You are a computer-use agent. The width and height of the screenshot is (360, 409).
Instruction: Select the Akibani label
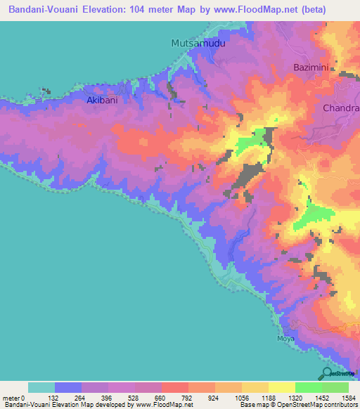coord(101,100)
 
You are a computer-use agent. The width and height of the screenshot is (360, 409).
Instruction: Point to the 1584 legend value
coord(347,397)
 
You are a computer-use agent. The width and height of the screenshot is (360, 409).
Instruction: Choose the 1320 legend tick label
coord(295,397)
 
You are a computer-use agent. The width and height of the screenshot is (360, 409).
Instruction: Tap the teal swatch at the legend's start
coord(41,387)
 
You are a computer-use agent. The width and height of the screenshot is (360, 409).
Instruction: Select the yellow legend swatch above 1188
coord(281,387)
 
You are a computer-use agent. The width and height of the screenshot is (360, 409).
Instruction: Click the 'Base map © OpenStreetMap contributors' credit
coord(297,405)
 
